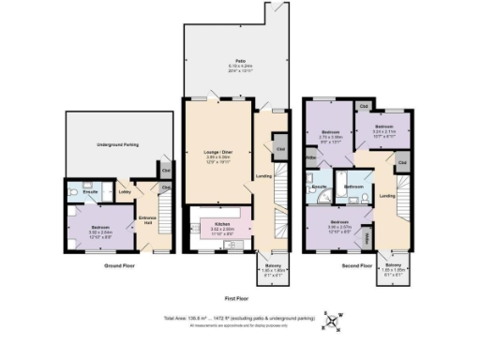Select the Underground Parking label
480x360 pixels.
(x=118, y=145)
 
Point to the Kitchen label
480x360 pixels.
(x=221, y=225)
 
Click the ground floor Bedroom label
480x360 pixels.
(x=99, y=230)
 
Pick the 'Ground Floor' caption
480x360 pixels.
(x=120, y=266)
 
